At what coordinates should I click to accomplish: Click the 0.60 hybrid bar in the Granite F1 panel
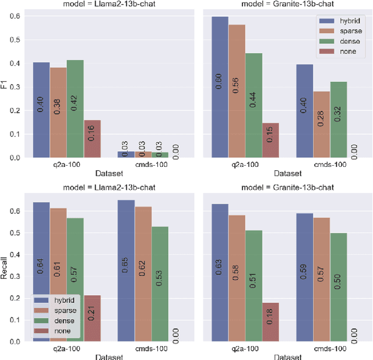(x=220, y=87)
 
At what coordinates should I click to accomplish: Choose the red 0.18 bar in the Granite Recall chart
(x=270, y=321)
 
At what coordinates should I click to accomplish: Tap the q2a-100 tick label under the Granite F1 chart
(x=245, y=165)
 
